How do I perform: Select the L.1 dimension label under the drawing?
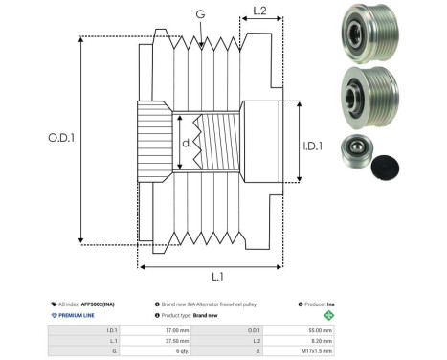point(217,277)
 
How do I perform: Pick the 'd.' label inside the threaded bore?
point(188,145)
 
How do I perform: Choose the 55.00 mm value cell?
point(318,328)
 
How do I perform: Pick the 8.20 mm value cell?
point(319,339)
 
